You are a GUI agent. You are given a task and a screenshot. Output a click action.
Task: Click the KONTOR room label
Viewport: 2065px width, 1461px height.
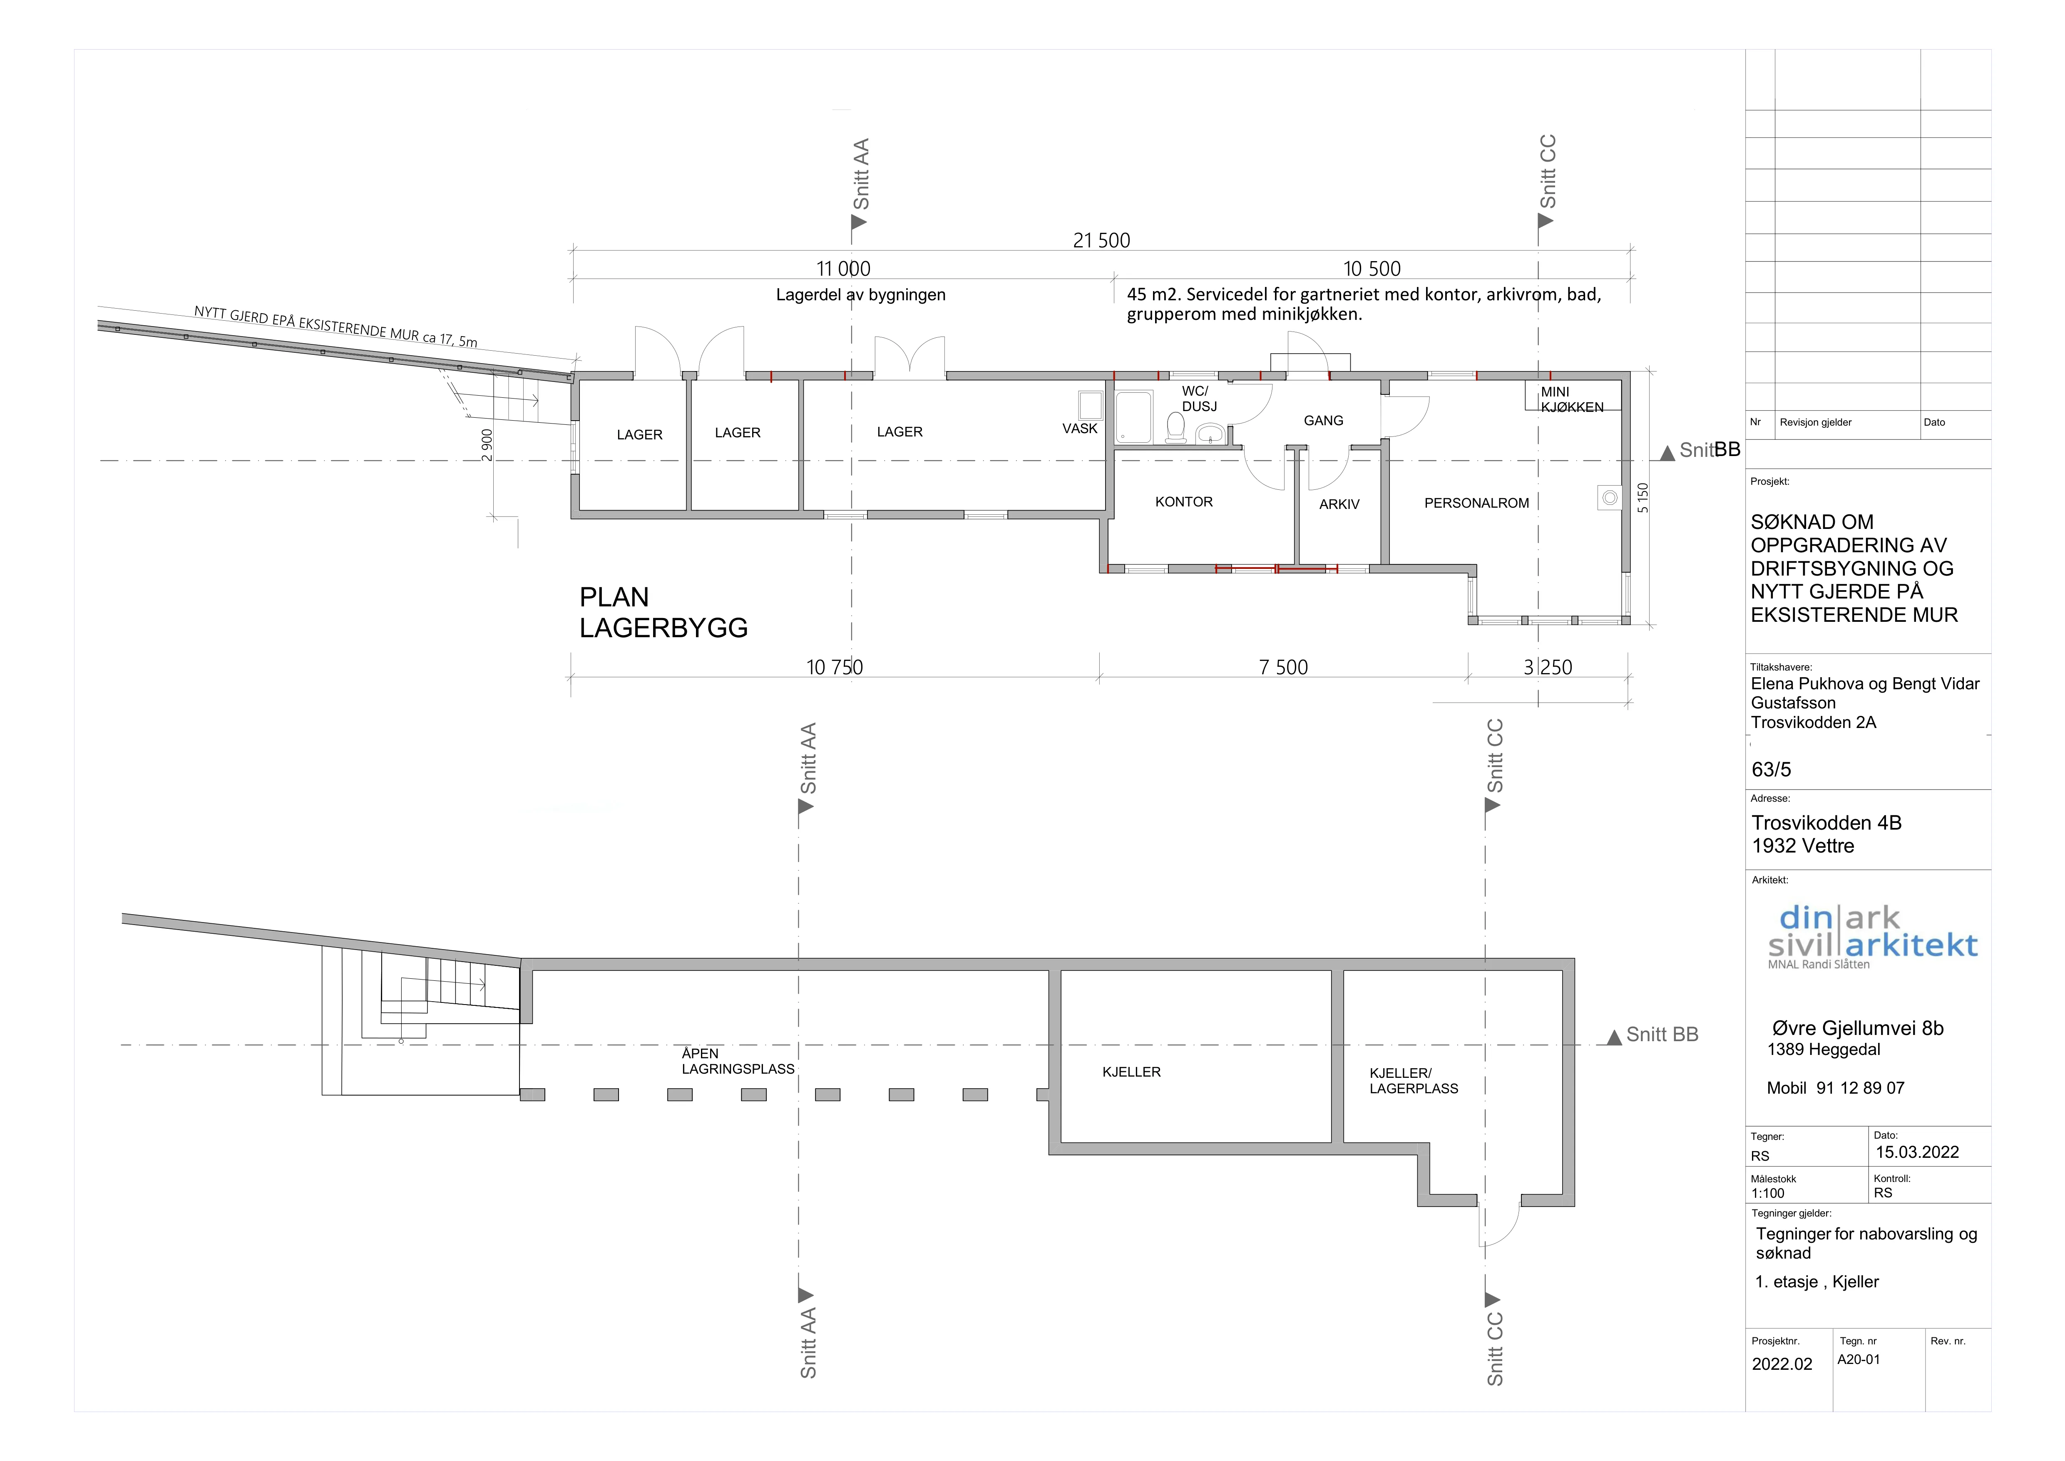coord(1184,502)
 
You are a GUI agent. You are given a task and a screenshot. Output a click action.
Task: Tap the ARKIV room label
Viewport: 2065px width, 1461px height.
coord(1339,505)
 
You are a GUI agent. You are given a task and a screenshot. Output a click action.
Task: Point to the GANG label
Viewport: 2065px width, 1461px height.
coord(1323,420)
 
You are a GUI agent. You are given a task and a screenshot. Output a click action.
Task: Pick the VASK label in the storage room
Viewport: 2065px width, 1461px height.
coord(1079,428)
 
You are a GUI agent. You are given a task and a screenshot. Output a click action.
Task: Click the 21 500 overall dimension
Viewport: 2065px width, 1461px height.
coord(1101,240)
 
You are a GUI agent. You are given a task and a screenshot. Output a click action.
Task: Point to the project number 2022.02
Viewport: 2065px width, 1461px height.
coord(1782,1364)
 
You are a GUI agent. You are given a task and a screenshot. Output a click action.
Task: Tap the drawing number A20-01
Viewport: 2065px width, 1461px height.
coord(1858,1359)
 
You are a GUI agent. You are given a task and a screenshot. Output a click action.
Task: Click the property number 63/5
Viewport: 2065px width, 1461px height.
coord(1771,769)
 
